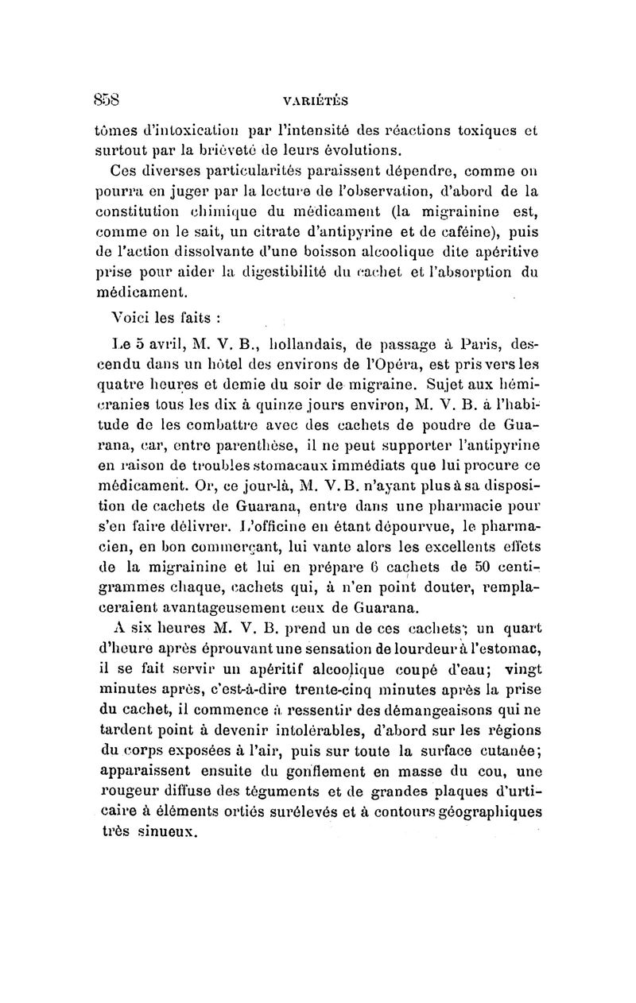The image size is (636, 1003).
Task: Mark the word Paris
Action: coord(480,346)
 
